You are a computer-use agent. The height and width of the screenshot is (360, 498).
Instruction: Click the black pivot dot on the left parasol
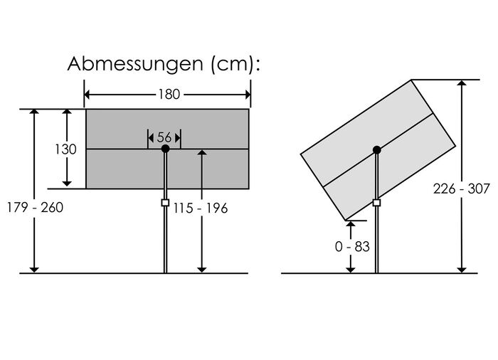pyautogui.click(x=165, y=149)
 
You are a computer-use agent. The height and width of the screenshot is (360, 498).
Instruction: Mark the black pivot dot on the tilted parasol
pyautogui.click(x=376, y=149)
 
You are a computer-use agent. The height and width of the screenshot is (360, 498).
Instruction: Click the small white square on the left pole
pyautogui.click(x=165, y=203)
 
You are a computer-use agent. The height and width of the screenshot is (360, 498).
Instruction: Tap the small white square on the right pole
pyautogui.click(x=376, y=203)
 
